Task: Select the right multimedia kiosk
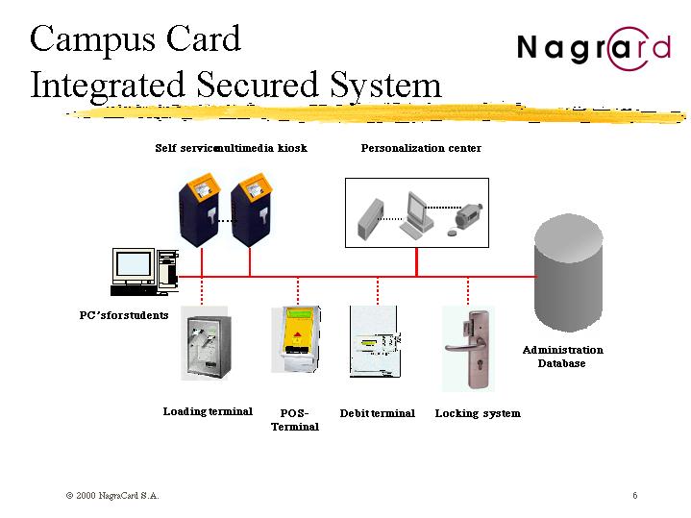[x=254, y=209]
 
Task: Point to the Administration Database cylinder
[x=569, y=274]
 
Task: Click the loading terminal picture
[x=206, y=348]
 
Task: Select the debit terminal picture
[x=373, y=342]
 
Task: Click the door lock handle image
[x=467, y=348]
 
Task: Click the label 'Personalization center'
[x=421, y=148]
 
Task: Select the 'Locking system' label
[x=478, y=413]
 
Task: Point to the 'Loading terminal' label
[x=208, y=411]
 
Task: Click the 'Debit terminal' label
[x=377, y=413]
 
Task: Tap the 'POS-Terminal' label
[x=294, y=420]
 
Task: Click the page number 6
[x=635, y=496]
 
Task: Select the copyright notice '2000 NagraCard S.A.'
[x=112, y=496]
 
